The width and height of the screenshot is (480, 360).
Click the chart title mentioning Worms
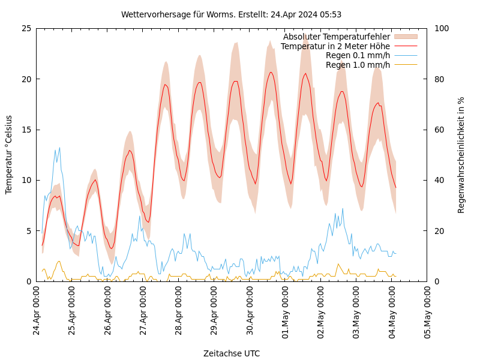pyautogui.click(x=231, y=14)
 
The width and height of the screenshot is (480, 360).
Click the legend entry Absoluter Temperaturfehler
pyautogui.click(x=337, y=37)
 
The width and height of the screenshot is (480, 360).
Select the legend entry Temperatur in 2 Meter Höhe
pyautogui.click(x=335, y=46)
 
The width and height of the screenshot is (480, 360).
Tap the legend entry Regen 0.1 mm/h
pyautogui.click(x=358, y=55)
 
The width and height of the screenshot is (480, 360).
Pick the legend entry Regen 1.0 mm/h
pyautogui.click(x=358, y=65)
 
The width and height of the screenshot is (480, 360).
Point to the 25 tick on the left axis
pyautogui.click(x=26, y=28)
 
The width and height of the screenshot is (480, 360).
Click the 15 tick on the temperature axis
pyautogui.click(x=26, y=130)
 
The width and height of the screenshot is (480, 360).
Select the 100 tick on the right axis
pyautogui.click(x=442, y=28)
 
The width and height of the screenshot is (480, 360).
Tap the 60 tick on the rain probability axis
pyautogui.click(x=439, y=130)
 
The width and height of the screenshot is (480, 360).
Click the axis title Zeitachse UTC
pyautogui.click(x=232, y=353)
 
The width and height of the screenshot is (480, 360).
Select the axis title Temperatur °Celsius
pyautogui.click(x=9, y=154)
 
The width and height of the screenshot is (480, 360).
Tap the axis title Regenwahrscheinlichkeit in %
pyautogui.click(x=461, y=155)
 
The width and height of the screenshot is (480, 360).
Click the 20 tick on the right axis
pyautogui.click(x=439, y=231)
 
